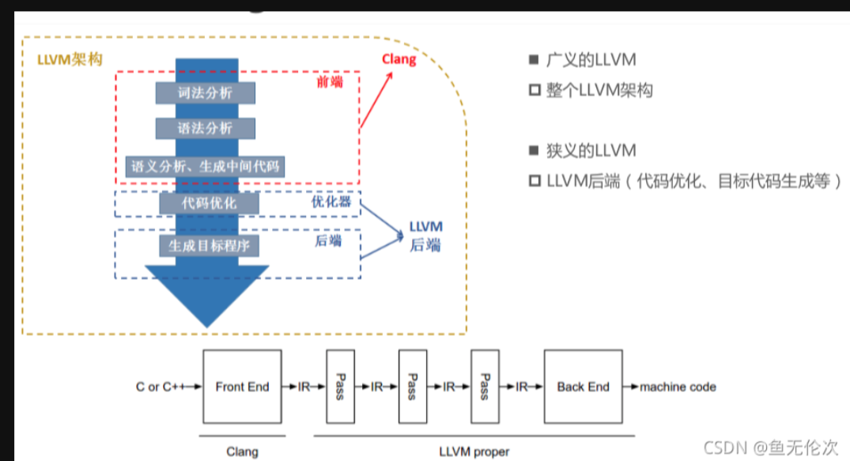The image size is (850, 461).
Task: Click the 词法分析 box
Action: [x=206, y=93]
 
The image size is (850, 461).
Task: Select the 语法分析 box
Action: [x=206, y=128]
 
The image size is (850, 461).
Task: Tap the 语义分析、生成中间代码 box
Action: [x=205, y=166]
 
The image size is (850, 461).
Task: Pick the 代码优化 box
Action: [x=209, y=203]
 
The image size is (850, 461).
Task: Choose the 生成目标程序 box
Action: [x=209, y=245]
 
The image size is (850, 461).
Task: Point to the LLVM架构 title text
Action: [x=70, y=60]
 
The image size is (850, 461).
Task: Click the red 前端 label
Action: [x=329, y=82]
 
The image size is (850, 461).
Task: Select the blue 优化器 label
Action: [x=331, y=202]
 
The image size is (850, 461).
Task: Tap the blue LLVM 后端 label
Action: [x=425, y=236]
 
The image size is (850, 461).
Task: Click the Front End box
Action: [x=242, y=387]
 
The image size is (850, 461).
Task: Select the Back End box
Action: [x=584, y=387]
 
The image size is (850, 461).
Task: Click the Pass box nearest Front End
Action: [x=339, y=387]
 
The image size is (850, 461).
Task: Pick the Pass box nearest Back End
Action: [x=485, y=387]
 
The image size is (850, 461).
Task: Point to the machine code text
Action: [x=678, y=387]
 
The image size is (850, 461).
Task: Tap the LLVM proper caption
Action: [x=474, y=452]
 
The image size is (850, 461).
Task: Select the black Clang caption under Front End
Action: [x=242, y=452]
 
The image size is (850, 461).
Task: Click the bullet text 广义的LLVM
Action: [x=591, y=60]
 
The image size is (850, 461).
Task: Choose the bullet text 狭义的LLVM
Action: [x=591, y=150]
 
